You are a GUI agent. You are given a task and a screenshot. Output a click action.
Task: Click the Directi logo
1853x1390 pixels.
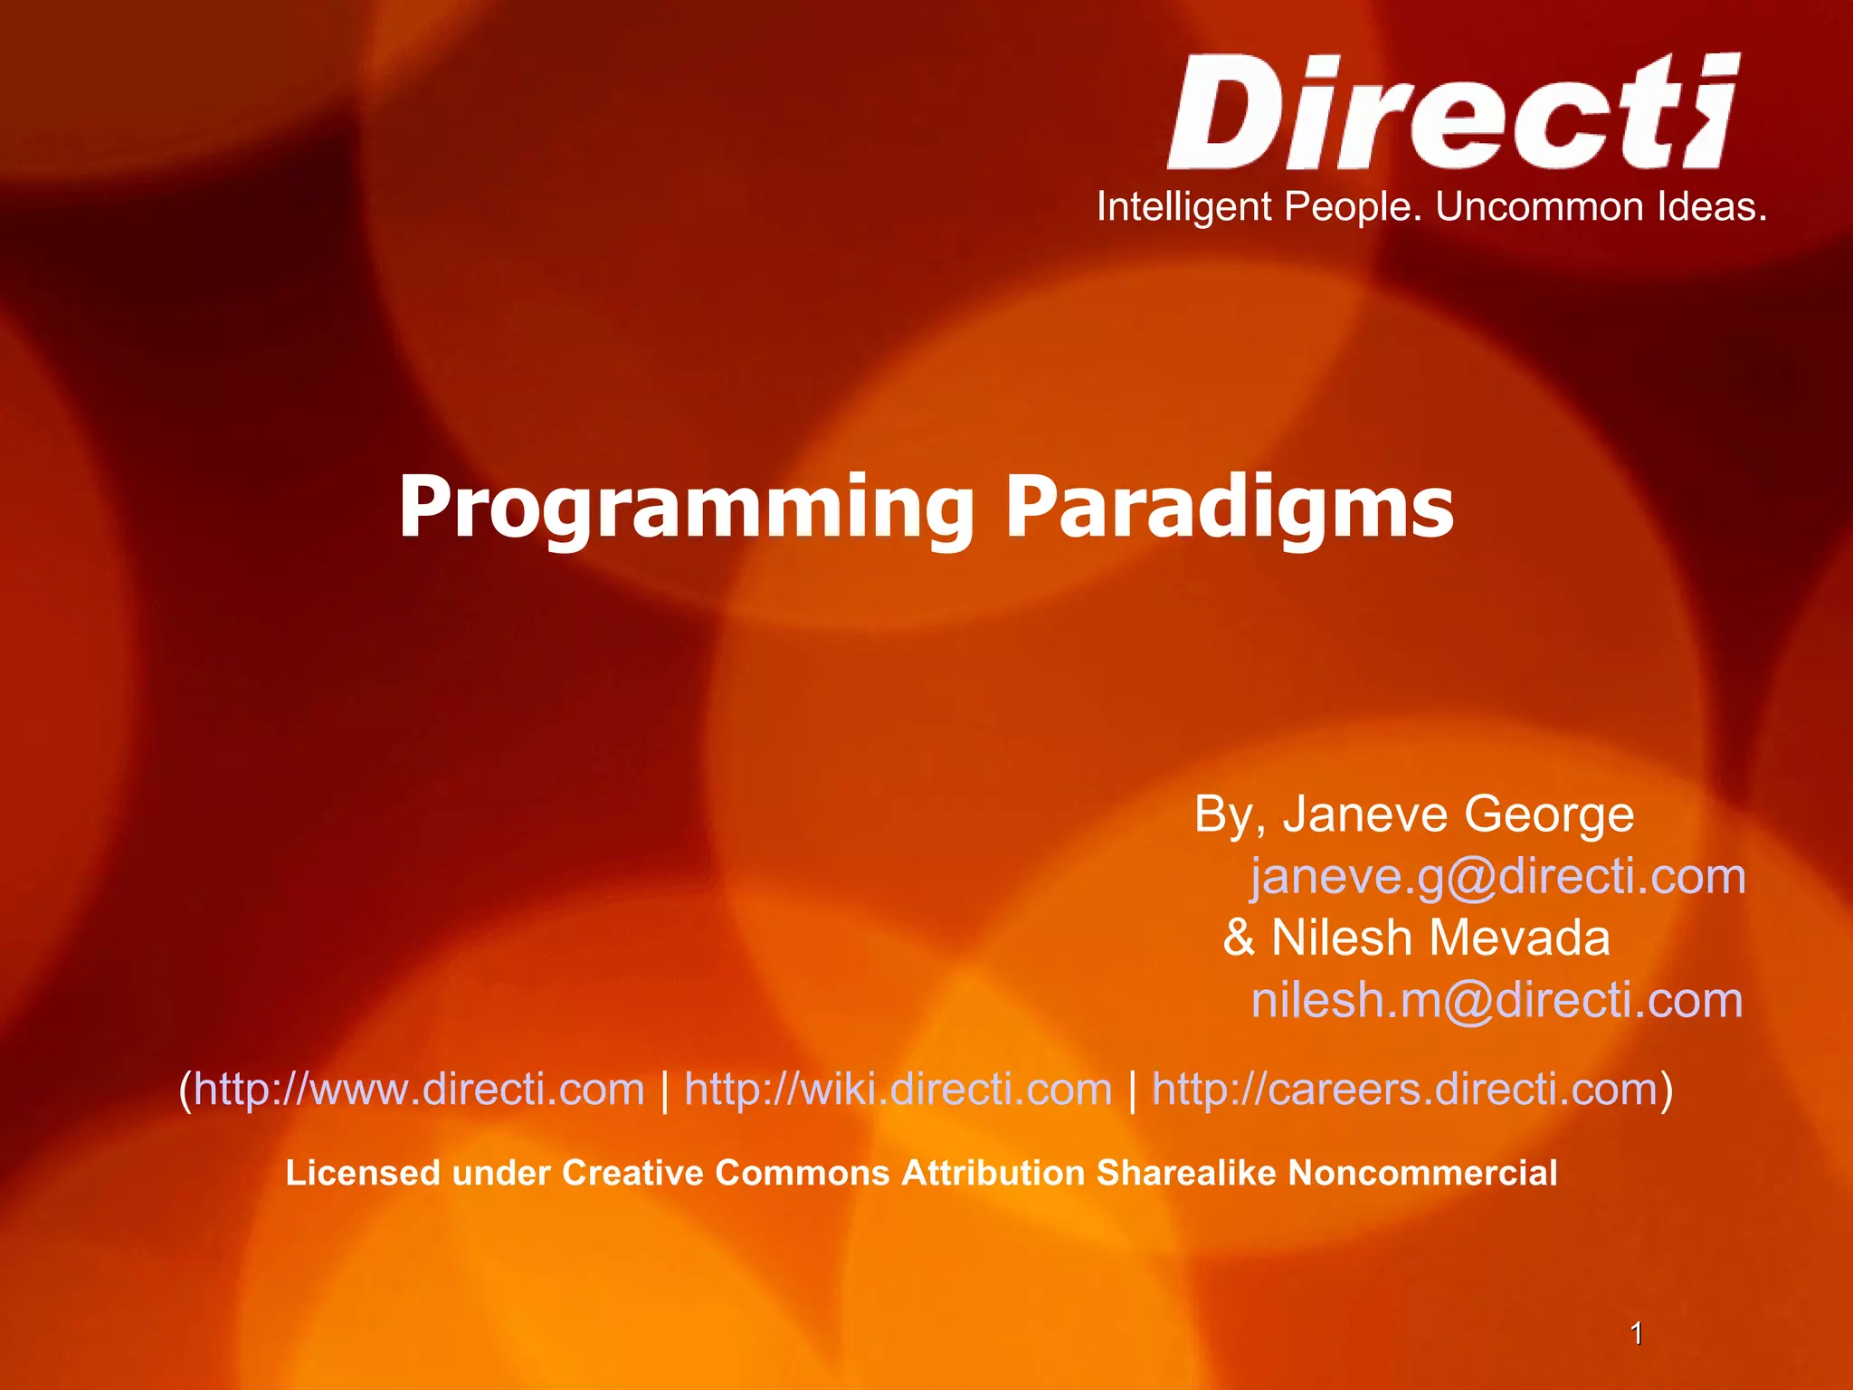coord(1452,112)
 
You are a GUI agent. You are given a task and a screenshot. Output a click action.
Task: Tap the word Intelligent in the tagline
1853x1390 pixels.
coord(1184,207)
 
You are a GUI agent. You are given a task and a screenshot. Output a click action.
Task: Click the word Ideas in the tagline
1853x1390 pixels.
coord(1712,207)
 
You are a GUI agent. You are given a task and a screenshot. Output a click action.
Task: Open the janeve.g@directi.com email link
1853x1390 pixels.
coord(1497,877)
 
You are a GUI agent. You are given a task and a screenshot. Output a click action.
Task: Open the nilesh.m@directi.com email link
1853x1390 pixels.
coord(1497,1000)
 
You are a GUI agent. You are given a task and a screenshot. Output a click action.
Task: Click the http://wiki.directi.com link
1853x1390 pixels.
coord(898,1089)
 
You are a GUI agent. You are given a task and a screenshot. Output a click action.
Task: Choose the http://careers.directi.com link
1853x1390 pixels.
coord(1404,1089)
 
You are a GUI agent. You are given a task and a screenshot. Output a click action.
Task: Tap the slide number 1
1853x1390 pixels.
coord(1636,1333)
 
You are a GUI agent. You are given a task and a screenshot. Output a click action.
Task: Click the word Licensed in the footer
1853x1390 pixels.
coord(364,1173)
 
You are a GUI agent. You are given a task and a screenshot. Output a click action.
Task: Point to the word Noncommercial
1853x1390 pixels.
coord(1422,1173)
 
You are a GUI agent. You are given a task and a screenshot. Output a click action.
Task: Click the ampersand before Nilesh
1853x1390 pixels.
coord(1239,938)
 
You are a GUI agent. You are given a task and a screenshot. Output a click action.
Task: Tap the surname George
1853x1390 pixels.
coord(1549,814)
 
